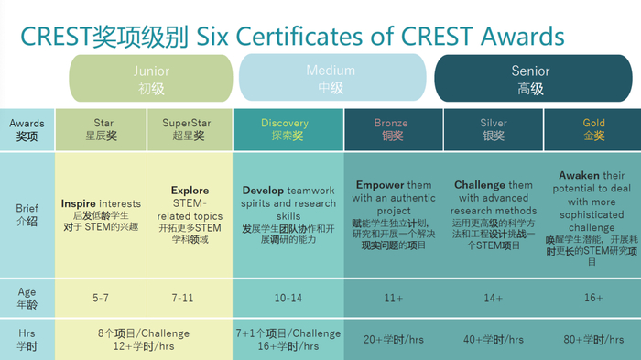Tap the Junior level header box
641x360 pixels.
point(151,79)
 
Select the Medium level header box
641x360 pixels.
point(331,79)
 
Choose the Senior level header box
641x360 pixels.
point(531,79)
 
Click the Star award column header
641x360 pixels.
point(103,129)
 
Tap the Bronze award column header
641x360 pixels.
point(391,129)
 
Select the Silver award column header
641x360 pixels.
point(493,129)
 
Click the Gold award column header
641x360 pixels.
point(593,129)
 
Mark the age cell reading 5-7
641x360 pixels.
point(103,296)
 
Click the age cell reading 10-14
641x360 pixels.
point(288,296)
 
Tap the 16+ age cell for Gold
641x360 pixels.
point(593,296)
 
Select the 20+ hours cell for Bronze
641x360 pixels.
point(392,339)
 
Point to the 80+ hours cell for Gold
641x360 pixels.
point(593,339)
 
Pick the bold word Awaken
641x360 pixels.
point(579,175)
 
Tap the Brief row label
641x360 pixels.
point(27,214)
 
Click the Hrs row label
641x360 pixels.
point(27,339)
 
